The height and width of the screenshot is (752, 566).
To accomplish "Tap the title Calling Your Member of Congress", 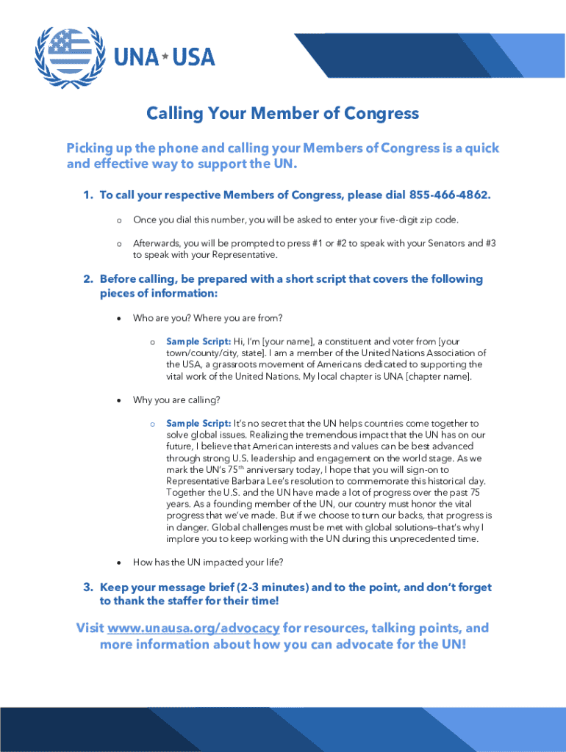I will [x=282, y=113].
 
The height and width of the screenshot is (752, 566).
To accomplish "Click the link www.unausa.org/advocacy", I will [x=193, y=628].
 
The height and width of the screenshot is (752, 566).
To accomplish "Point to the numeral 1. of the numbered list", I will [x=87, y=195].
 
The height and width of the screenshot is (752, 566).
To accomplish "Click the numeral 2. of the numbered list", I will [x=87, y=279].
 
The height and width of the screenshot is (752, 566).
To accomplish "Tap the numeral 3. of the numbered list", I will [x=87, y=587].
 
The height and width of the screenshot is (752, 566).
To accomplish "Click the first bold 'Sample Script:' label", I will [x=198, y=341].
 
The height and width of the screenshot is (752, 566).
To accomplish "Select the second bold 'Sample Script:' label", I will [x=198, y=424].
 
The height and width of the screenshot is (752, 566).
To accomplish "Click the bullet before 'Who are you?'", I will [x=118, y=318].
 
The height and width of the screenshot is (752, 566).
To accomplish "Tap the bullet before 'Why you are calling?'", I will [x=118, y=400].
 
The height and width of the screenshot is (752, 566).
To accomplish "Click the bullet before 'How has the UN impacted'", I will [x=118, y=563].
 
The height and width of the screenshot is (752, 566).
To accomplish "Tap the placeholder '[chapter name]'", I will [x=438, y=377].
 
